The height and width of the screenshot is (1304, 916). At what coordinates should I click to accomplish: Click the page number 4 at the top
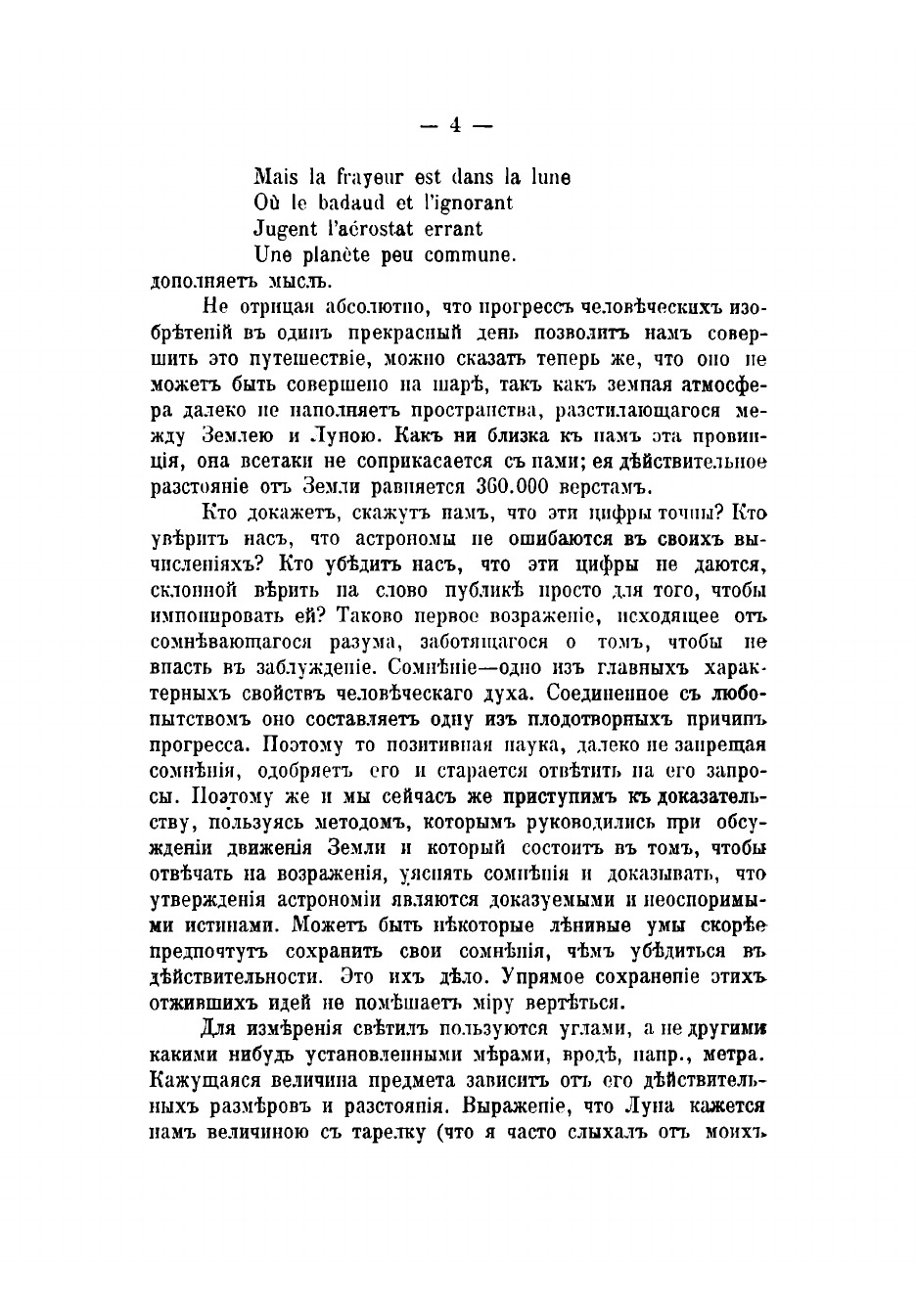pyautogui.click(x=456, y=125)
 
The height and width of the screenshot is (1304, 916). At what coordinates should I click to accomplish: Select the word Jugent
pyautogui.click(x=285, y=230)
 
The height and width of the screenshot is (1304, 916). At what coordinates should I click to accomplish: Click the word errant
pyautogui.click(x=449, y=229)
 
